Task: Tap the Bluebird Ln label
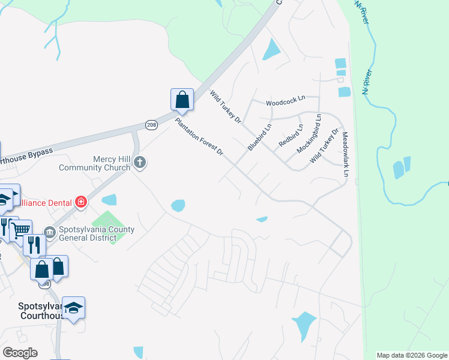click(260, 137)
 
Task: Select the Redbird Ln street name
click(291, 136)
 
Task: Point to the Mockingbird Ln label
click(310, 133)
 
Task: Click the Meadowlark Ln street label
click(346, 155)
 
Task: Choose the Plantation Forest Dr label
click(199, 137)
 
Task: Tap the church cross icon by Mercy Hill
click(140, 161)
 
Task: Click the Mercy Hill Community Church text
click(95, 163)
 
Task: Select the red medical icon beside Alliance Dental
click(81, 203)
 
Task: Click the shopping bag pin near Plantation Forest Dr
click(182, 100)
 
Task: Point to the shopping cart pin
click(22, 229)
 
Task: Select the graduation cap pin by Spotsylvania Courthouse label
click(73, 308)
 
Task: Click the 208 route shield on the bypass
click(151, 124)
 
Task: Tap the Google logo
click(20, 353)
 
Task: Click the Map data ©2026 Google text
click(412, 355)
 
